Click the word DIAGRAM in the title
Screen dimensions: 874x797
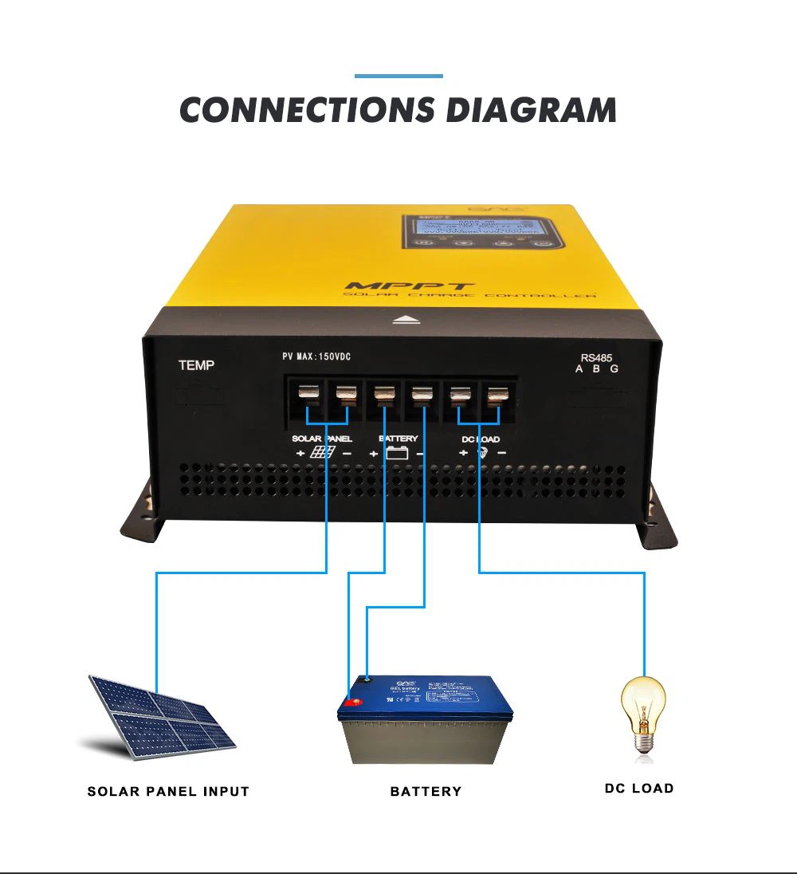click(x=531, y=110)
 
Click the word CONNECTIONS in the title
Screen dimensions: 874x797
click(x=308, y=110)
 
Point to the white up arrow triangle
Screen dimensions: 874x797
click(x=408, y=320)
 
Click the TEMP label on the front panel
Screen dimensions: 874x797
click(x=196, y=365)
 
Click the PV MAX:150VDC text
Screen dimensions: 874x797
click(x=316, y=356)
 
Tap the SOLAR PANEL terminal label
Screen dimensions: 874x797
click(x=321, y=439)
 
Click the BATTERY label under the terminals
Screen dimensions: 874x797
click(x=398, y=439)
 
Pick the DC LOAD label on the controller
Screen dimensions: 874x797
click(x=481, y=439)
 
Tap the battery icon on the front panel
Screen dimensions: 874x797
click(x=397, y=453)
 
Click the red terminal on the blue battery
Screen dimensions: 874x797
click(x=351, y=703)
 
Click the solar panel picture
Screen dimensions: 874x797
click(x=162, y=715)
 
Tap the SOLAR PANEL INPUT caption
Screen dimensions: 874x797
click(x=168, y=791)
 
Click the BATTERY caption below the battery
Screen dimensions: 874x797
click(x=426, y=791)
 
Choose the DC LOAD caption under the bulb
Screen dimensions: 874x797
click(x=639, y=788)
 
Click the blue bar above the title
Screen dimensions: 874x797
click(x=398, y=76)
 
